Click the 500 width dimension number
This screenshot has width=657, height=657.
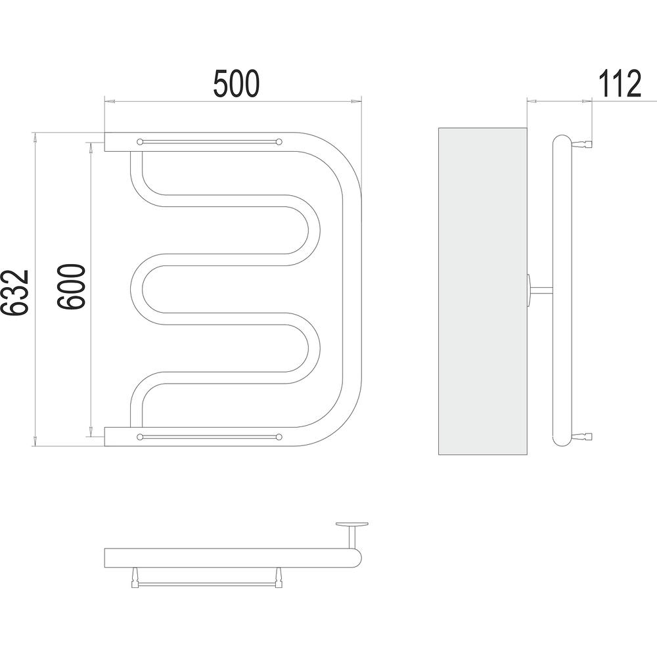(237, 84)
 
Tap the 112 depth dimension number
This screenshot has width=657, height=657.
(620, 84)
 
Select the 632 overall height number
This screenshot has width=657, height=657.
(14, 292)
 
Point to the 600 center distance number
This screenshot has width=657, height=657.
(71, 286)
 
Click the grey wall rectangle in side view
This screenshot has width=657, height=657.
(482, 291)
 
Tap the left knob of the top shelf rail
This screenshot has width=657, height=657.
(140, 142)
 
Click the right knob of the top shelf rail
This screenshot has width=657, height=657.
(279, 142)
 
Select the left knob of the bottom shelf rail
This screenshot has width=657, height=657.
(140, 437)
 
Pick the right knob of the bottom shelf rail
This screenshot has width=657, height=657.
(279, 437)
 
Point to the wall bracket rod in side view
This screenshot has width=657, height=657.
(542, 288)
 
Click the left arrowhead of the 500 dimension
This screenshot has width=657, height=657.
(110, 101)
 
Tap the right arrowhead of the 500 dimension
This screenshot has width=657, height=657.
(355, 101)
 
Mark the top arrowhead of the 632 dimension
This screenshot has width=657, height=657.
(35, 138)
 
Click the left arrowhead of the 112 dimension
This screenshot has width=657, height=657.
(532, 101)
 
